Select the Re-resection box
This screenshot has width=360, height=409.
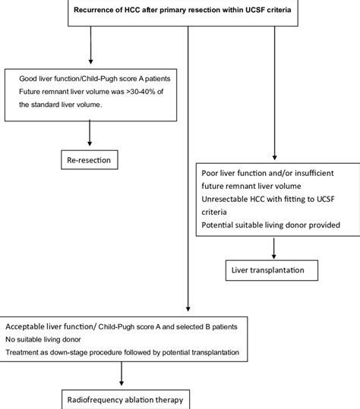pos(91,160)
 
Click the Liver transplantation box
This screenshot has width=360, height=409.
pos(271,269)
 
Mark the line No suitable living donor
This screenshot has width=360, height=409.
pos(55,338)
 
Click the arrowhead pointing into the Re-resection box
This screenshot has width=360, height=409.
pos(90,146)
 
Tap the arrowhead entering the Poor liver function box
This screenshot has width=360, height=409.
pos(271,156)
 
